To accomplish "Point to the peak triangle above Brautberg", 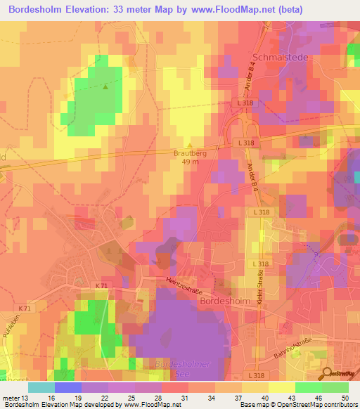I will click(x=189, y=145).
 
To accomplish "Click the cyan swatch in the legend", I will click(x=41, y=387).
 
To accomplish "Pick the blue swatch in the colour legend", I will click(x=68, y=387).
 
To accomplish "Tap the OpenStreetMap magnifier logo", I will click(x=328, y=375).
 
